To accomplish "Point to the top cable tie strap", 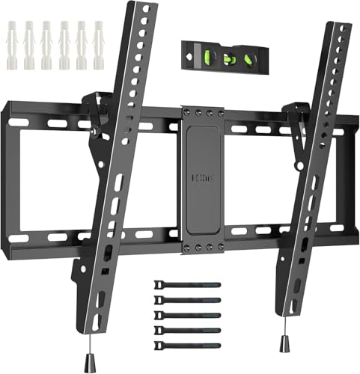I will point(187,285).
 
